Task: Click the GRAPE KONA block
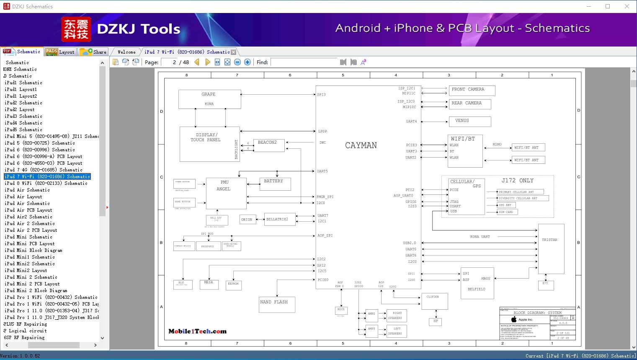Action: (x=209, y=99)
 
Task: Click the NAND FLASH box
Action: (x=277, y=304)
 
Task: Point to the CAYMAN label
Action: (x=361, y=145)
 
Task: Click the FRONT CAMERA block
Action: (x=472, y=90)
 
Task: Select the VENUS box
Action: (x=469, y=121)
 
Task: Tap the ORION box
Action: (x=247, y=220)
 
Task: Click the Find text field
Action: (x=304, y=62)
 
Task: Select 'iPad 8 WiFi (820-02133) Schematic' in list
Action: (x=46, y=183)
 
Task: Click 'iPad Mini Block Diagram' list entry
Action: (x=33, y=250)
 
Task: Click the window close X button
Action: (x=627, y=6)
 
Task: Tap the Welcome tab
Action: (x=126, y=52)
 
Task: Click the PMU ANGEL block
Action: (x=226, y=193)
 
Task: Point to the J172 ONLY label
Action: (x=517, y=181)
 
